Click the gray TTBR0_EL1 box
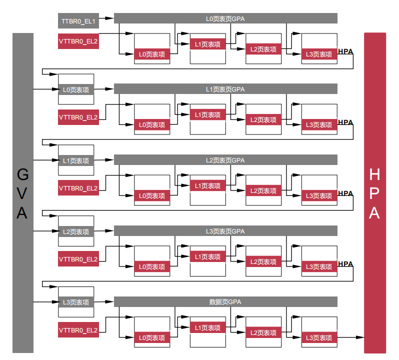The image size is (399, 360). [78, 21]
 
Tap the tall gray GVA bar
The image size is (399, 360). [22, 193]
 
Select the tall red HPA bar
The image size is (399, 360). [375, 193]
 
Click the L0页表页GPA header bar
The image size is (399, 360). [225, 18]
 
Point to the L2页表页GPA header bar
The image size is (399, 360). [225, 160]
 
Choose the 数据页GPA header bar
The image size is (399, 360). [225, 302]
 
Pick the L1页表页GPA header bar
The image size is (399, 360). [225, 89]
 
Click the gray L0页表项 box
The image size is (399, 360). [76, 90]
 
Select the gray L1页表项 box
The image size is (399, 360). [76, 161]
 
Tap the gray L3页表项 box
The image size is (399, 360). [76, 302]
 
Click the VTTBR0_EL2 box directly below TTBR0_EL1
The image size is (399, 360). [78, 41]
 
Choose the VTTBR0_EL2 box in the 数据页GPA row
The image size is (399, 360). [78, 330]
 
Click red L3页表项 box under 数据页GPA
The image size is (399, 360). [319, 338]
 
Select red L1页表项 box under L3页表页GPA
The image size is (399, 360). [207, 257]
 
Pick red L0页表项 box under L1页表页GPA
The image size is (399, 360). [152, 125]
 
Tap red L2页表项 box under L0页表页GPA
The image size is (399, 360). [263, 49]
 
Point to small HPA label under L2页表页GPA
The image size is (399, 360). [345, 193]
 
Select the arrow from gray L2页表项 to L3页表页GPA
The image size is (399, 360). [104, 231]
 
